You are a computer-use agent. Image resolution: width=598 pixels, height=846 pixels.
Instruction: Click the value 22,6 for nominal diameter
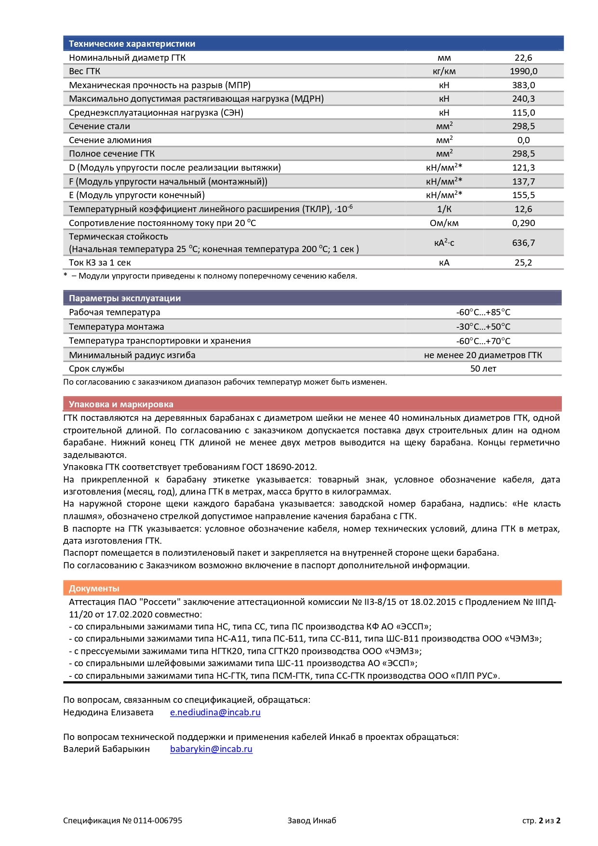(x=523, y=58)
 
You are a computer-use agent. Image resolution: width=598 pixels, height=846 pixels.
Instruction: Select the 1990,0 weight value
(x=523, y=71)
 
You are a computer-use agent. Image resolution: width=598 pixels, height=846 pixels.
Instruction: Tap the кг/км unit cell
(x=444, y=71)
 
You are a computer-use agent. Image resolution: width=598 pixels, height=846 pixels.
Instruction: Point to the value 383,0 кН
(x=523, y=85)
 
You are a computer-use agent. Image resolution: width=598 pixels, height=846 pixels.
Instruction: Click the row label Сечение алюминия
(x=110, y=140)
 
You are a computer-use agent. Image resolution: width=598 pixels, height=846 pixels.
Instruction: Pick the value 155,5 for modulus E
(x=523, y=195)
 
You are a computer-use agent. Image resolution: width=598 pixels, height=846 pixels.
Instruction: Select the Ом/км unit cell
(x=444, y=223)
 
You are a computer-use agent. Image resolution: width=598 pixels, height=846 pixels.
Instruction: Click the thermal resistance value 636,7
(x=523, y=243)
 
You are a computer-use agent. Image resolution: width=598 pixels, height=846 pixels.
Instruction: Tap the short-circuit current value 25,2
(x=523, y=263)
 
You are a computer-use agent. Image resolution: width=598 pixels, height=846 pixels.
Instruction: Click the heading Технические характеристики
(x=132, y=44)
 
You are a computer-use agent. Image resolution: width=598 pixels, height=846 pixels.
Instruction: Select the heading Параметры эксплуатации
(x=124, y=298)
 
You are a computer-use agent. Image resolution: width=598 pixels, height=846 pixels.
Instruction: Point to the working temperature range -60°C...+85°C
(x=483, y=312)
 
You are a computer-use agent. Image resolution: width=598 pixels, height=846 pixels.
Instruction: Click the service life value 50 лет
(x=483, y=369)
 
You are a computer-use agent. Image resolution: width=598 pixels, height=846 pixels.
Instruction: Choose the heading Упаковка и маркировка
(x=120, y=404)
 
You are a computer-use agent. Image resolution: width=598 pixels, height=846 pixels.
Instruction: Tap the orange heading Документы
(x=93, y=589)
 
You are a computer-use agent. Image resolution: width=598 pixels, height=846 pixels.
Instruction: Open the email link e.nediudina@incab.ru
(x=215, y=712)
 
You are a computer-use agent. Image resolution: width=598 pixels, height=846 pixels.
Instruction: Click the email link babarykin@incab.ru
(x=211, y=749)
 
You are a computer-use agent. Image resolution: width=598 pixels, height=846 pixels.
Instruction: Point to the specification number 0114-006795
(x=158, y=820)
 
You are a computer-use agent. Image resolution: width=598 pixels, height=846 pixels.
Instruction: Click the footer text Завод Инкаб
(x=312, y=820)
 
